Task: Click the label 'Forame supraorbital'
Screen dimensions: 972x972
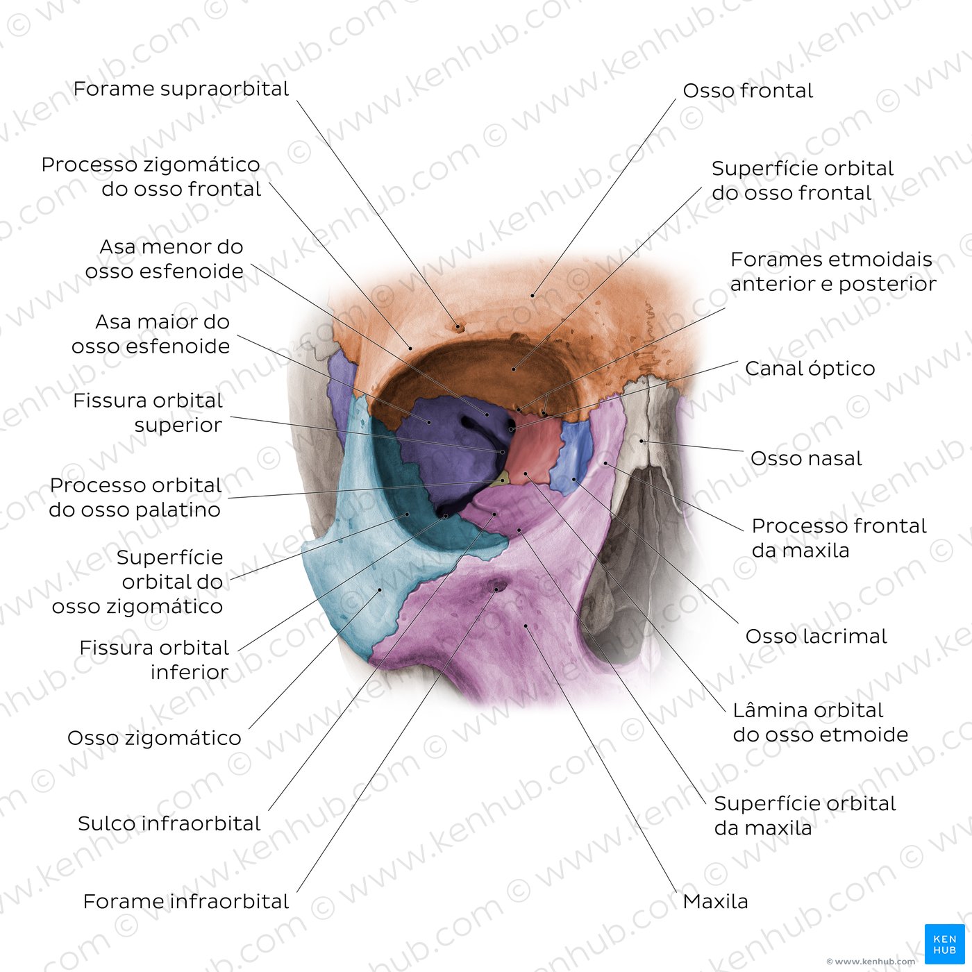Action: (181, 89)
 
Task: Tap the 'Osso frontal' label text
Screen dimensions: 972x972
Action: (748, 91)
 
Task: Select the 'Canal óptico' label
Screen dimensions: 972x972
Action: (810, 369)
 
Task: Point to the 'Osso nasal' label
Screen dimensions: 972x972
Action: (806, 458)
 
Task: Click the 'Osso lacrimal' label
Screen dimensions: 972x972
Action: (816, 636)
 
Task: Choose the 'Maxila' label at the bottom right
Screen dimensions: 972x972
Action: (715, 901)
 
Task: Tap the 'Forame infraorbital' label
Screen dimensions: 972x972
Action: (185, 901)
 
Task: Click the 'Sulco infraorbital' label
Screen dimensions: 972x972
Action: (169, 823)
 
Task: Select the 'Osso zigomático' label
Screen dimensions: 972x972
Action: (154, 738)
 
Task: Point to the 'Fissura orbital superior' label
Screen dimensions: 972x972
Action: (148, 412)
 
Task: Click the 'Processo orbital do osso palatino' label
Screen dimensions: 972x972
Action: (135, 497)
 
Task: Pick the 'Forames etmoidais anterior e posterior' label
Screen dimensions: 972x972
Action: (833, 271)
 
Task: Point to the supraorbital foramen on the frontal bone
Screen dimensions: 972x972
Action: (459, 328)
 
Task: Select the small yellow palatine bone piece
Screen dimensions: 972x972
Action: (501, 479)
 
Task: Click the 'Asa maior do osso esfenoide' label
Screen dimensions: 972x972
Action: (151, 334)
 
